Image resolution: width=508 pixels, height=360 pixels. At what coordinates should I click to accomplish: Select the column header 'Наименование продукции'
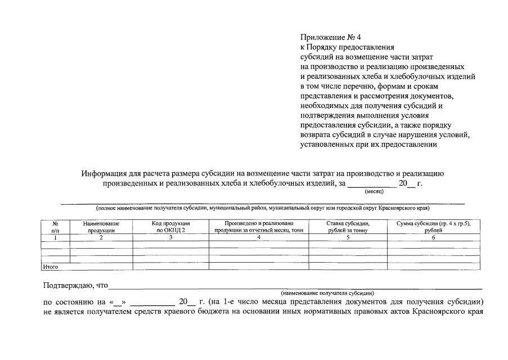(x=101, y=227)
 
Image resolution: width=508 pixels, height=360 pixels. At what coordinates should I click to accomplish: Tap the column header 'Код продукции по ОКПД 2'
(x=171, y=227)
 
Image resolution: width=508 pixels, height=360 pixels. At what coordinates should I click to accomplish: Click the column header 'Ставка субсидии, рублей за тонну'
(x=348, y=227)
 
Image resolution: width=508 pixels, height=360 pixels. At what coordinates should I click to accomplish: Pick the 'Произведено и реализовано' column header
(x=259, y=227)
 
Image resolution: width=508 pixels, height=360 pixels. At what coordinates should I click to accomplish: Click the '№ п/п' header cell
(x=55, y=227)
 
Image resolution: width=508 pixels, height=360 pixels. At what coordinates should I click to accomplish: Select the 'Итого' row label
(x=51, y=267)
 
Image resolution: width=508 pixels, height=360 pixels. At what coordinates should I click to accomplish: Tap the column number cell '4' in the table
(x=259, y=237)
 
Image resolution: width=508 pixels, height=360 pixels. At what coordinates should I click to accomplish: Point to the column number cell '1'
(x=55, y=237)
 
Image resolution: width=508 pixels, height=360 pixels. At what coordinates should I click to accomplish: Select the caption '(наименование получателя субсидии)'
(x=327, y=293)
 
